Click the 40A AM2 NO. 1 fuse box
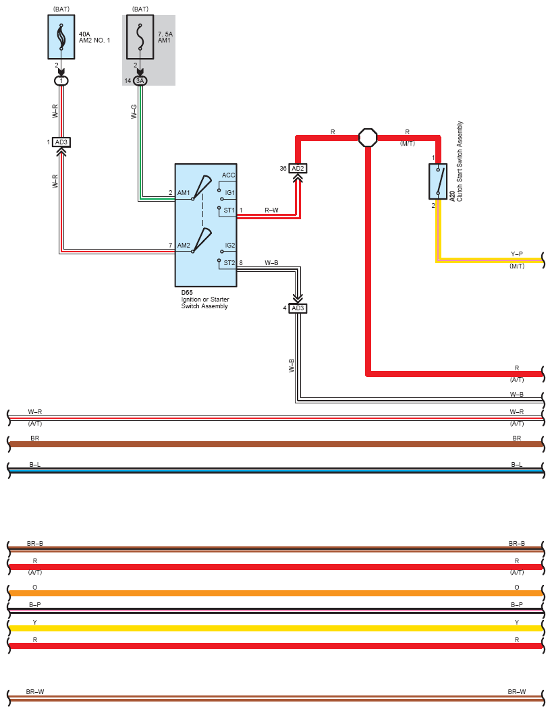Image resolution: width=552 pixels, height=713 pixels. tap(61, 37)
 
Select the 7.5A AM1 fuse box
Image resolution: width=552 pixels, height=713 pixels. tap(140, 37)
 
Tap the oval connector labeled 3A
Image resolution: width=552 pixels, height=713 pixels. tap(140, 81)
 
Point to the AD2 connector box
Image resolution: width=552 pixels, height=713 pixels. tap(298, 168)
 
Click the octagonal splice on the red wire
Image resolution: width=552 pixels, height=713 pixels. tap(368, 138)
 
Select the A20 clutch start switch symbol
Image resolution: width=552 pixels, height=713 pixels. tap(438, 181)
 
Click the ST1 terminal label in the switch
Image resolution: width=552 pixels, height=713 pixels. tap(229, 210)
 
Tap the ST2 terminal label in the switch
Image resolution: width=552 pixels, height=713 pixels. tap(229, 263)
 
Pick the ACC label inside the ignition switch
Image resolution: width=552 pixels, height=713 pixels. tap(229, 175)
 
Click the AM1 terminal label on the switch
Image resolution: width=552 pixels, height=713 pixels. tap(184, 193)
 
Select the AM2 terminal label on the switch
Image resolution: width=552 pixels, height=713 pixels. tap(184, 246)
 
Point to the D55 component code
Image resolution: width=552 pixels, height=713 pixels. tap(186, 293)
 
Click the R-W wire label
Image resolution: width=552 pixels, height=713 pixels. tap(272, 210)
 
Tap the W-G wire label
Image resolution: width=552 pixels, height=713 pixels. tap(134, 112)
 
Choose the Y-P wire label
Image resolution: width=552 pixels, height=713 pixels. tap(516, 254)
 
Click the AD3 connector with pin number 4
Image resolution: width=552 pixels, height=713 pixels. tap(298, 308)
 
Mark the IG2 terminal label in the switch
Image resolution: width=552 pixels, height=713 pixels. tap(230, 246)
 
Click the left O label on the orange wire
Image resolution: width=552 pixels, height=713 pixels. tap(34, 588)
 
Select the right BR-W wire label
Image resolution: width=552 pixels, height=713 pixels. tap(516, 692)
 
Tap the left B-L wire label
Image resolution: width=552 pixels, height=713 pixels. tap(34, 465)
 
